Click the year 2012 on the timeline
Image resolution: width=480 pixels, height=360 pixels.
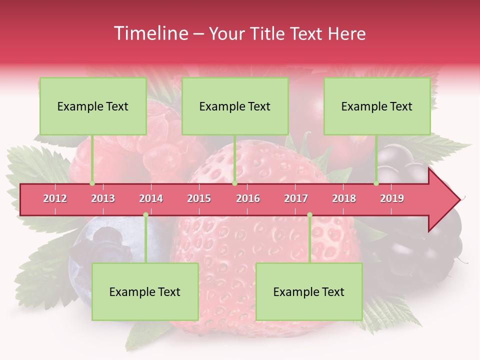point(55,198)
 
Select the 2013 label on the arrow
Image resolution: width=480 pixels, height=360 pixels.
point(103,198)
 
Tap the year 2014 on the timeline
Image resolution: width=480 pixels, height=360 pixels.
point(151,198)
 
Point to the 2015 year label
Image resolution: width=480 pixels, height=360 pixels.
point(199,198)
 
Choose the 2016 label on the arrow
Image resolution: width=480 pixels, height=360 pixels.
point(248,198)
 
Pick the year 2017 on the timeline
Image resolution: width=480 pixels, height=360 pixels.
point(296,198)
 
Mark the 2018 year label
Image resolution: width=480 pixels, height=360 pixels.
point(344,198)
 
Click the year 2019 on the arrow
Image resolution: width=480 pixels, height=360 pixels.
point(392,198)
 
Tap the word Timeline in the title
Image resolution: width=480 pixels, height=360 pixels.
point(149,33)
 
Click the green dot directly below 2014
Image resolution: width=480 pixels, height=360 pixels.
point(145,214)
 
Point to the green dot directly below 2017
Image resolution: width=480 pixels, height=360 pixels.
point(309,214)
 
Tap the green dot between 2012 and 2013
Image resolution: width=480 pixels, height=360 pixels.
point(92,183)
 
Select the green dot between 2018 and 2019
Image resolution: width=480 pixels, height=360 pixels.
point(376,183)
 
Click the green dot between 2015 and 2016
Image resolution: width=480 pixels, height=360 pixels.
point(234,183)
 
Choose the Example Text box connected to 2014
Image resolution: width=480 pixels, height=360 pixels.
point(145,292)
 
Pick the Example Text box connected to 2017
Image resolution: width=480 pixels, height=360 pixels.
point(309,292)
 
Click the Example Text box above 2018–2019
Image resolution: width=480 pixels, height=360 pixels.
point(377,106)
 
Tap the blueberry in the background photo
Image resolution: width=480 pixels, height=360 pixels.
point(100,245)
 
